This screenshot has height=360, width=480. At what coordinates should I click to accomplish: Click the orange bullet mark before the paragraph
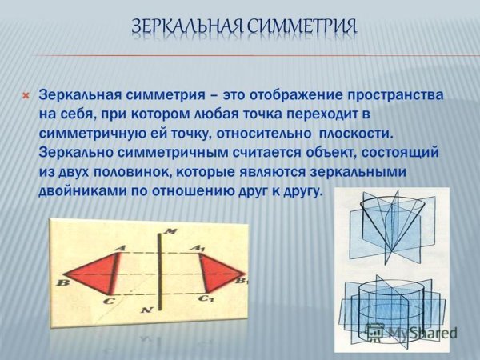coord(25,95)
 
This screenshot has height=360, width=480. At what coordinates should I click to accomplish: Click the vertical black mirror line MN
coord(161,273)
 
